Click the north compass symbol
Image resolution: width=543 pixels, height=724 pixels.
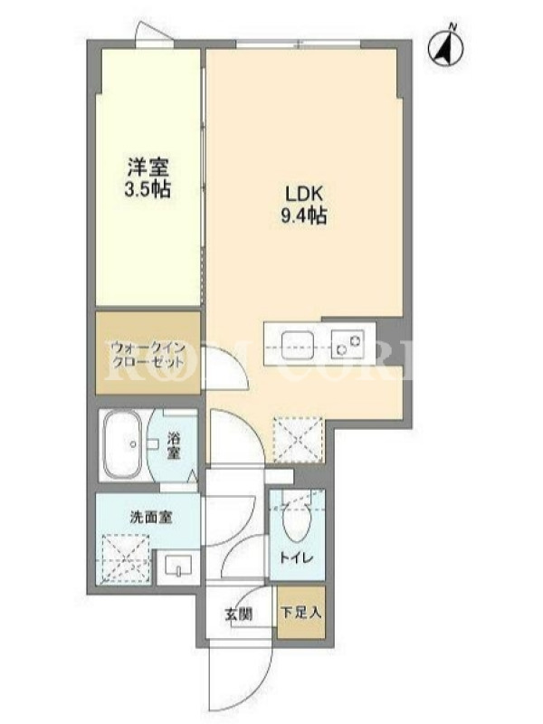tap(446, 47)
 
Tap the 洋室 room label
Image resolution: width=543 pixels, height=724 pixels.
tap(148, 167)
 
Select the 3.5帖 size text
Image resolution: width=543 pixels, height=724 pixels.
tap(148, 190)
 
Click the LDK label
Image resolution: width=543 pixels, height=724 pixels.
tap(304, 194)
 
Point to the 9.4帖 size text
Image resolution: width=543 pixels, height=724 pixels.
tap(304, 215)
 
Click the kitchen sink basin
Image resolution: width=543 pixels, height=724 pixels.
tap(298, 345)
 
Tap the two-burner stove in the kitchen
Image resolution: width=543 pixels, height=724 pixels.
tap(348, 345)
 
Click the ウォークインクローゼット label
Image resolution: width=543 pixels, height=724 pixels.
tap(148, 354)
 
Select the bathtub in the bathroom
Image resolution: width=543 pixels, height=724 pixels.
tap(122, 445)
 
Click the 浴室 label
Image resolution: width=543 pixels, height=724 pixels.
tap(174, 445)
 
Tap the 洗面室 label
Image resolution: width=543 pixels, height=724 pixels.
tap(150, 518)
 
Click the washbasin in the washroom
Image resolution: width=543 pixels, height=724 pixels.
tap(178, 567)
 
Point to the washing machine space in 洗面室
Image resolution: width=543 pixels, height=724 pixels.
tap(125, 558)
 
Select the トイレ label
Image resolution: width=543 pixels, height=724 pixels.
tap(297, 557)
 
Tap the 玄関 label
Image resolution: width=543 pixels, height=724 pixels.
tap(238, 614)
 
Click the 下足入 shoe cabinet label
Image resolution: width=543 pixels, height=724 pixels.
tap(300, 613)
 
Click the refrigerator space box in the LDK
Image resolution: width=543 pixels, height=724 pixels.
tap(298, 439)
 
